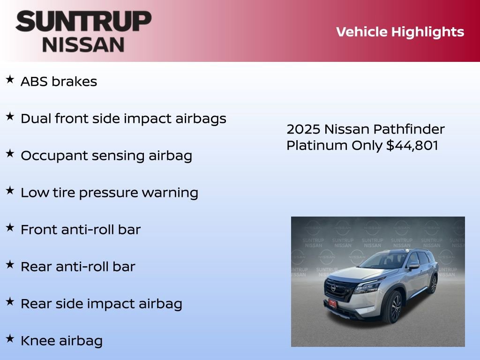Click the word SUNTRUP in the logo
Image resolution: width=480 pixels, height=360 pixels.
point(83,22)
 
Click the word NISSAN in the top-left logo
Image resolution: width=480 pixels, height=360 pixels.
point(83,45)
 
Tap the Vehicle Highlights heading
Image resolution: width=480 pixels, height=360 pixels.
point(400,32)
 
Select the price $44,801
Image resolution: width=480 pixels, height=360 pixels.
point(412,145)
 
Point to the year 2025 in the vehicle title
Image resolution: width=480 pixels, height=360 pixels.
point(303,129)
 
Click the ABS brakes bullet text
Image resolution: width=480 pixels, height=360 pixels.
point(59,82)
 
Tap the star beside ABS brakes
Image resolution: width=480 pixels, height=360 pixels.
point(10,80)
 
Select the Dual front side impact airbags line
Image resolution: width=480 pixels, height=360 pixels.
point(123,119)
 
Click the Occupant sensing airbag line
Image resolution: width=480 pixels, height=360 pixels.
point(106,156)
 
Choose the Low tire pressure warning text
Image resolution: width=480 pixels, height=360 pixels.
point(109,193)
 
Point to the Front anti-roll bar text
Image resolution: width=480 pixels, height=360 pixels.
point(81,230)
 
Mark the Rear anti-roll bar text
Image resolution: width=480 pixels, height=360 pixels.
point(78,267)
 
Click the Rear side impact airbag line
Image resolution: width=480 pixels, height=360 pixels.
point(101,304)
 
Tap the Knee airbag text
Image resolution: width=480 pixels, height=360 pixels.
point(61,341)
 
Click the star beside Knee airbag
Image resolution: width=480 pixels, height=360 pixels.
point(10,338)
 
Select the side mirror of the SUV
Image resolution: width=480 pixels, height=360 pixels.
point(413,266)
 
